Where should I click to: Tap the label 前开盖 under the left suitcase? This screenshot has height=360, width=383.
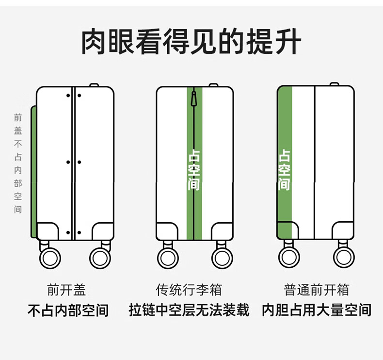pos(66,290)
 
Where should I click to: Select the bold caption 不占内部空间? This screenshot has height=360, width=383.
pos(68,310)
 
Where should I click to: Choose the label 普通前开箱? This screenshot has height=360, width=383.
pos(316,290)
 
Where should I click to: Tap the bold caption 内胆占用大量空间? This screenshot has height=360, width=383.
pos(317,310)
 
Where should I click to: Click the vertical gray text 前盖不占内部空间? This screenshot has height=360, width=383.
pos(18,164)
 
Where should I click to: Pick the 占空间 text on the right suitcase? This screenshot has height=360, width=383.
pos(284,169)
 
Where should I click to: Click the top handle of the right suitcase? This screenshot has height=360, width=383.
pos(334,84)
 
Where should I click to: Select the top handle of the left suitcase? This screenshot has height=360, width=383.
pos(94,85)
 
